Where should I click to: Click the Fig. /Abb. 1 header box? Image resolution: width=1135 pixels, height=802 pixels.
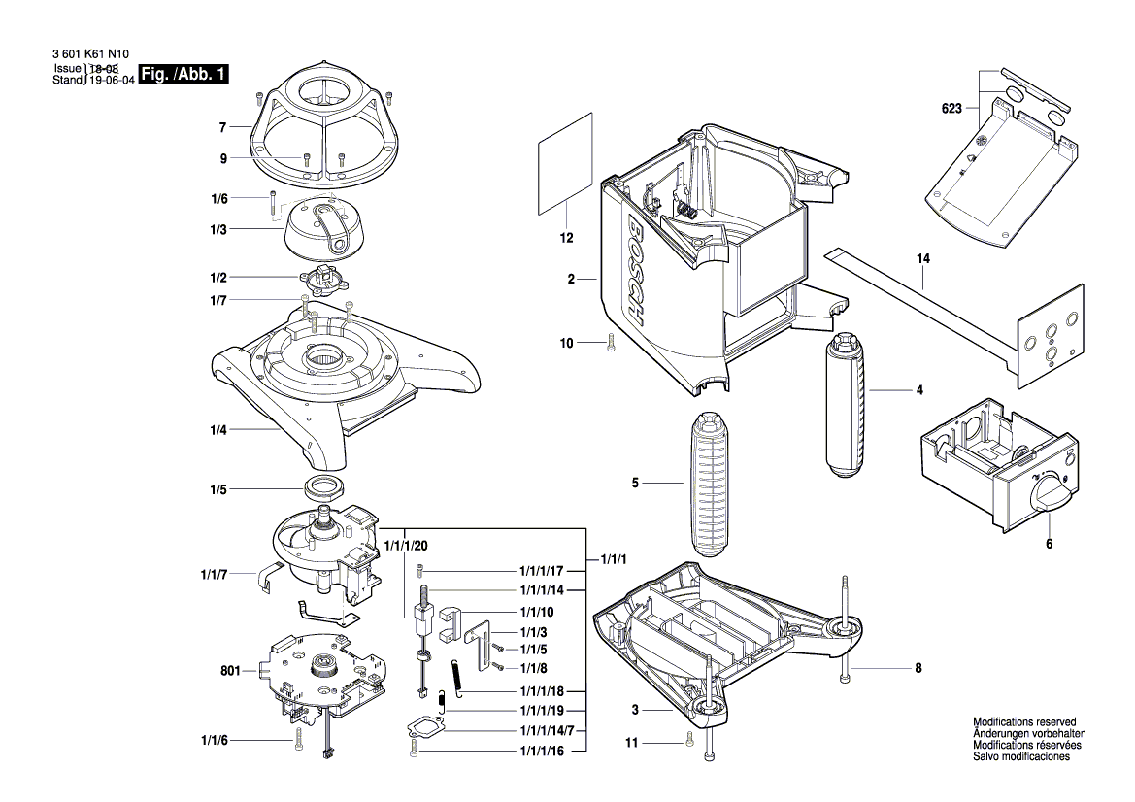coord(184,75)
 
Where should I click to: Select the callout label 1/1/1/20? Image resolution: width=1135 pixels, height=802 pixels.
coord(406,546)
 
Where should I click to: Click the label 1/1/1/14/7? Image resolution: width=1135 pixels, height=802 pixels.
coord(547,729)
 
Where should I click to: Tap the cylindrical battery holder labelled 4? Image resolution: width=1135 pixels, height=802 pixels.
coord(845,405)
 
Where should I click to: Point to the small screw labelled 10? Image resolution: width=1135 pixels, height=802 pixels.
coord(609,342)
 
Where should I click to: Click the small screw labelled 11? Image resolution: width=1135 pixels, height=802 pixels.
coord(688,742)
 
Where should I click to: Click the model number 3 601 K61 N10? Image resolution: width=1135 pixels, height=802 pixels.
coord(85,56)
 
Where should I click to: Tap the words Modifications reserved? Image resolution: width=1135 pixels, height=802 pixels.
coord(1024,722)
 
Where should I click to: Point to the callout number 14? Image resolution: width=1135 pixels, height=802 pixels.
coord(922,259)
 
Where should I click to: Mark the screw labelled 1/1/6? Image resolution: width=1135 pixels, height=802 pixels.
coord(297,741)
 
